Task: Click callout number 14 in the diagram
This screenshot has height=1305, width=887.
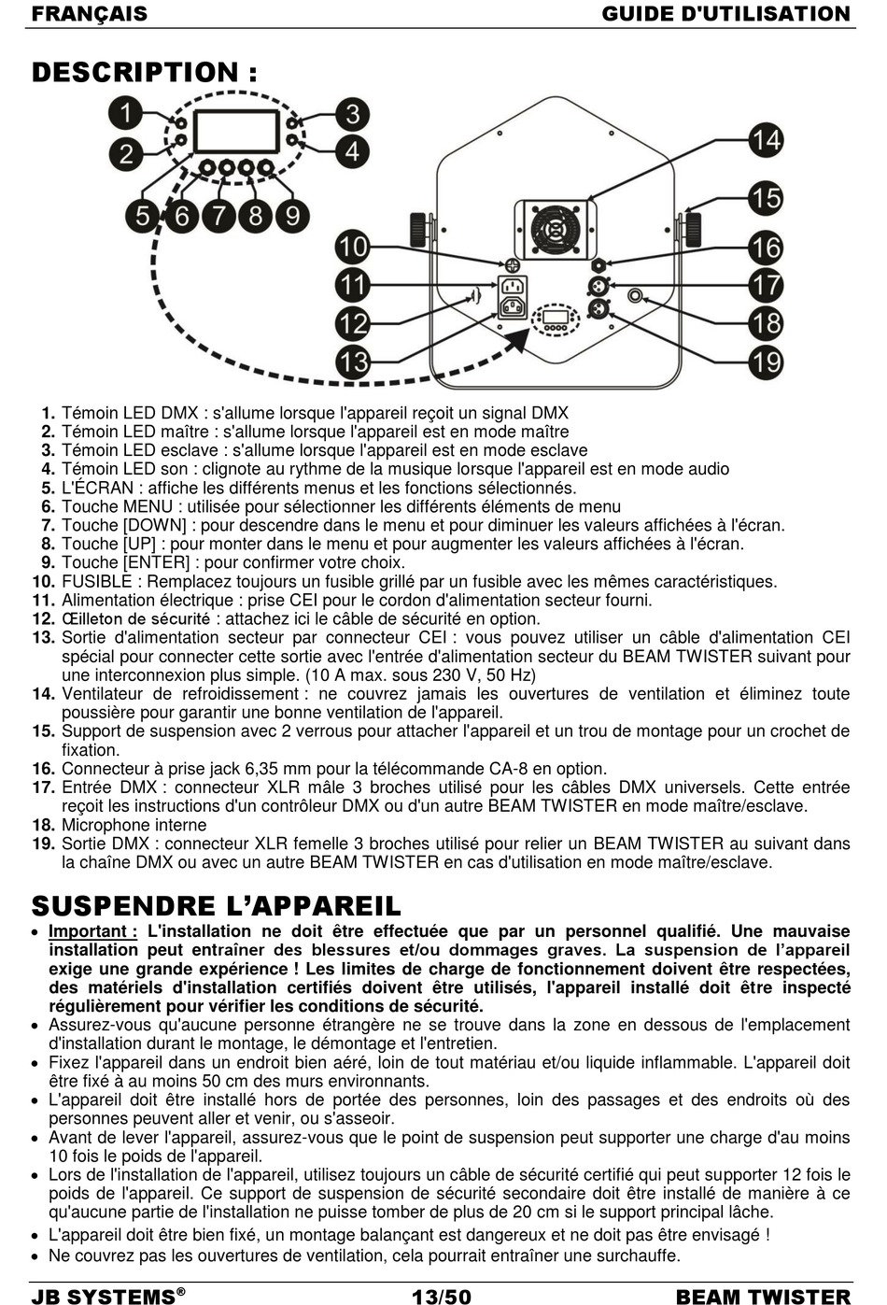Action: click(766, 139)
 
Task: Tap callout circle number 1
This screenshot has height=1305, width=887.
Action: click(125, 115)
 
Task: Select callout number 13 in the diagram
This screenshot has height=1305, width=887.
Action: click(353, 361)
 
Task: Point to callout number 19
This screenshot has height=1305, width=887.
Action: click(766, 361)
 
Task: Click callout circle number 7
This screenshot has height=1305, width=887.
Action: click(218, 216)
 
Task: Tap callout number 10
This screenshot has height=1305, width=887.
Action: click(353, 247)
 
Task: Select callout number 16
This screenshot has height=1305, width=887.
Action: click(766, 247)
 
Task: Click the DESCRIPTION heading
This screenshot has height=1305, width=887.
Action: click(145, 72)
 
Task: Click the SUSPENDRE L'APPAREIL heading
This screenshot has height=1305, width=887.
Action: click(217, 905)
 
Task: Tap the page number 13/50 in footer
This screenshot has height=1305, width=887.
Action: click(442, 1296)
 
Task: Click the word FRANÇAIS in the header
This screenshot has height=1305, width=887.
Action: click(90, 13)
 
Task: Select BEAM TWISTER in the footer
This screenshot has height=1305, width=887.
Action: click(763, 1296)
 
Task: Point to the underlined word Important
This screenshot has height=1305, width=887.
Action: click(92, 931)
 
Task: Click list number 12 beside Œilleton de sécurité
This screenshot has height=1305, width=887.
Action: click(43, 618)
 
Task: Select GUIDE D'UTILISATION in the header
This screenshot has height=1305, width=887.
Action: click(725, 13)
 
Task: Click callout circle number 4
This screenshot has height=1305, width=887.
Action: click(353, 149)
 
